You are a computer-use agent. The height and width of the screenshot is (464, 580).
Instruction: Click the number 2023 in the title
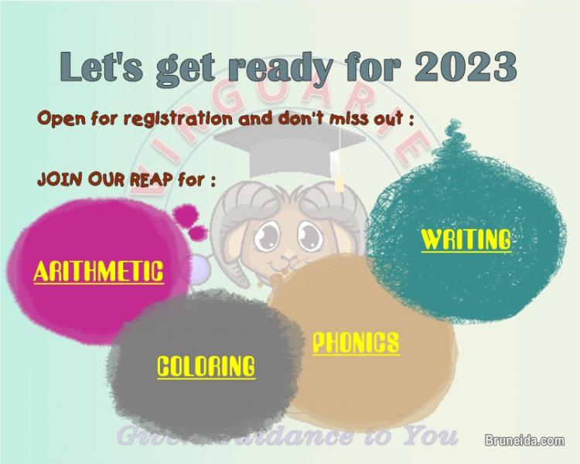tap(466, 67)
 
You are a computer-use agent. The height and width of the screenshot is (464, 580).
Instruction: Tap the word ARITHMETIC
tap(98, 271)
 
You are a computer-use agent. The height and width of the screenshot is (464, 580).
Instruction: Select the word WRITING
tap(466, 239)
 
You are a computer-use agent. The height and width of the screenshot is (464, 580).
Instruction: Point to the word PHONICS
tap(356, 342)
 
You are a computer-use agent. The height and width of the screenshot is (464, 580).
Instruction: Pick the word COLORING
tap(206, 366)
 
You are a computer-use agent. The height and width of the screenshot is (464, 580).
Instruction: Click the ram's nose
tap(288, 254)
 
